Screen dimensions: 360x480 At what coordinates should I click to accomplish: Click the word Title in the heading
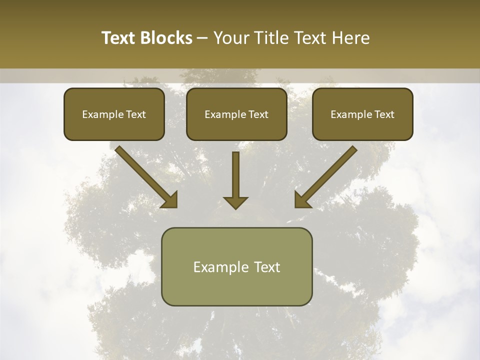pos(272,38)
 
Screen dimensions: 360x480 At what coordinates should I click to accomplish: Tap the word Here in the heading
pos(350,38)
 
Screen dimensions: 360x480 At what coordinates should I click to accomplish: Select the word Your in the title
pos(231,38)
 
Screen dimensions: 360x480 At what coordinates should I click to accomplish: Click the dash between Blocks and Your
pos(202,38)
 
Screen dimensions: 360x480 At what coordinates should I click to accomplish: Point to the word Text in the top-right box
pos(384,114)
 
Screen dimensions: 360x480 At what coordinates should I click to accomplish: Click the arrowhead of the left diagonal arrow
pos(170,199)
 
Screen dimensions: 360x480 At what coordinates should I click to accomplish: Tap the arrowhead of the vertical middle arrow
pos(235,202)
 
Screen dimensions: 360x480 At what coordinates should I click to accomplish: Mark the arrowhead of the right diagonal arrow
pos(302,199)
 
